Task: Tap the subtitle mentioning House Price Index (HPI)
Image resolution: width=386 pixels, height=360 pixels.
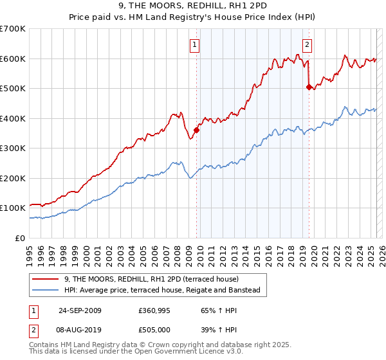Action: [x=192, y=18]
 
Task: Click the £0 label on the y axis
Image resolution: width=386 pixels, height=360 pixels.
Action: [x=21, y=238]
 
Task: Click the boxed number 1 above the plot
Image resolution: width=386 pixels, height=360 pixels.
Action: [x=194, y=44]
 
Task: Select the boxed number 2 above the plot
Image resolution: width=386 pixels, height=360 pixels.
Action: [x=308, y=44]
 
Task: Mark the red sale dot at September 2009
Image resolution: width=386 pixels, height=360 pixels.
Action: [x=196, y=130]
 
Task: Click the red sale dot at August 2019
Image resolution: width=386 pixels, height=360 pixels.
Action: [x=309, y=87]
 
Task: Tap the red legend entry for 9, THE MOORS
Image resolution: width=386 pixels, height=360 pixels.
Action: [x=151, y=279]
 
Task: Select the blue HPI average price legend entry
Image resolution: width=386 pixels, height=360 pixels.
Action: [x=161, y=291]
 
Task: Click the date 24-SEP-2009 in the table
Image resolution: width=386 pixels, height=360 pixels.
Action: [x=80, y=310]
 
